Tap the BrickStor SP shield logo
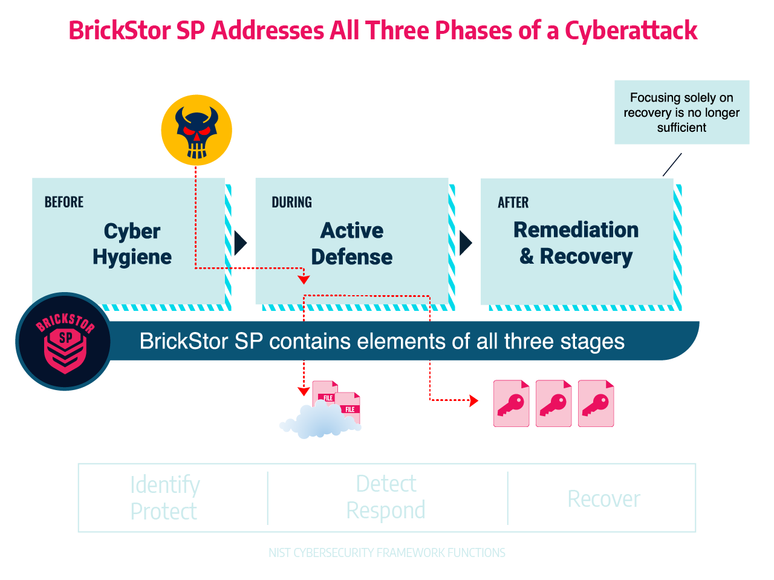[65, 342]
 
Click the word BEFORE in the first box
[64, 202]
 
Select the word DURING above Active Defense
[291, 202]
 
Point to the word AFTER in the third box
[513, 202]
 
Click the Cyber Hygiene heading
[132, 244]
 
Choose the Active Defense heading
[352, 244]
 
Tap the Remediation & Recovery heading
[576, 243]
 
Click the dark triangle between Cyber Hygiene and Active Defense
[240, 243]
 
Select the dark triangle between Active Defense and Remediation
[465, 243]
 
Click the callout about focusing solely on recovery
[681, 112]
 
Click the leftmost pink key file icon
[511, 403]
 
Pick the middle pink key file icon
[553, 403]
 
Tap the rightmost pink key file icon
[596, 403]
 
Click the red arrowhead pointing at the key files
[474, 400]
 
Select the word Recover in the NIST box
[603, 499]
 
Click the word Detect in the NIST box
[386, 484]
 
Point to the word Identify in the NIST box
[164, 485]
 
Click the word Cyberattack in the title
[631, 30]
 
